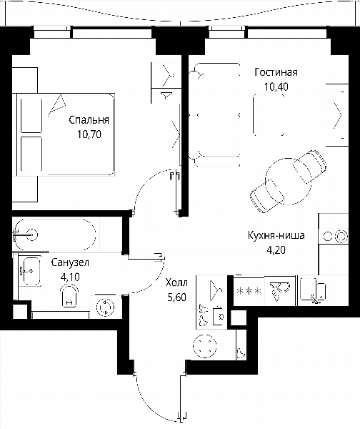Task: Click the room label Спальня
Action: pos(89,120)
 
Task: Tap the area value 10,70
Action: pos(89,134)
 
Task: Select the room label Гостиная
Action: pos(276,72)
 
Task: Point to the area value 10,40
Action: pos(276,87)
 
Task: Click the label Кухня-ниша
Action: pos(276,235)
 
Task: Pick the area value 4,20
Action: pos(276,250)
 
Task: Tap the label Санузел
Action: pos(70,262)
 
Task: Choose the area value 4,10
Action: pos(70,277)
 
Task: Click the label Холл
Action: pos(176,282)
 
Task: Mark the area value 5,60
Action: pos(177,297)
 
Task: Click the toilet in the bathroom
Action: pos(69,295)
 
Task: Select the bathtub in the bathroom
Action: pos(55,235)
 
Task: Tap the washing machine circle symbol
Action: pos(106,307)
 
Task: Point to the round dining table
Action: pos(288,181)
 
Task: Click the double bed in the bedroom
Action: pos(66,134)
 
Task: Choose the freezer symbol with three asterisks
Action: pos(249,290)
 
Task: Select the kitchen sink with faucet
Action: pos(312,291)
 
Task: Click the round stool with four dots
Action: pos(205,346)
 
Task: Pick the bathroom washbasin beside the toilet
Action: pos(30,271)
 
